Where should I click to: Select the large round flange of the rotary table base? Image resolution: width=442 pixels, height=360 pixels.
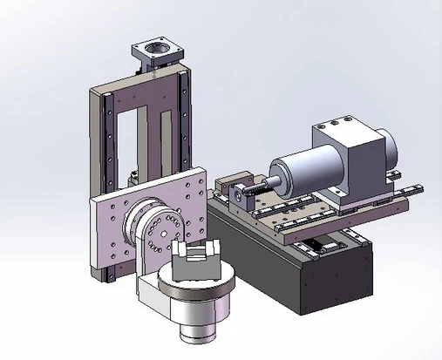187,292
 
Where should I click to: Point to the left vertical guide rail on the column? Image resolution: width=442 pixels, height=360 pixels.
105,148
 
